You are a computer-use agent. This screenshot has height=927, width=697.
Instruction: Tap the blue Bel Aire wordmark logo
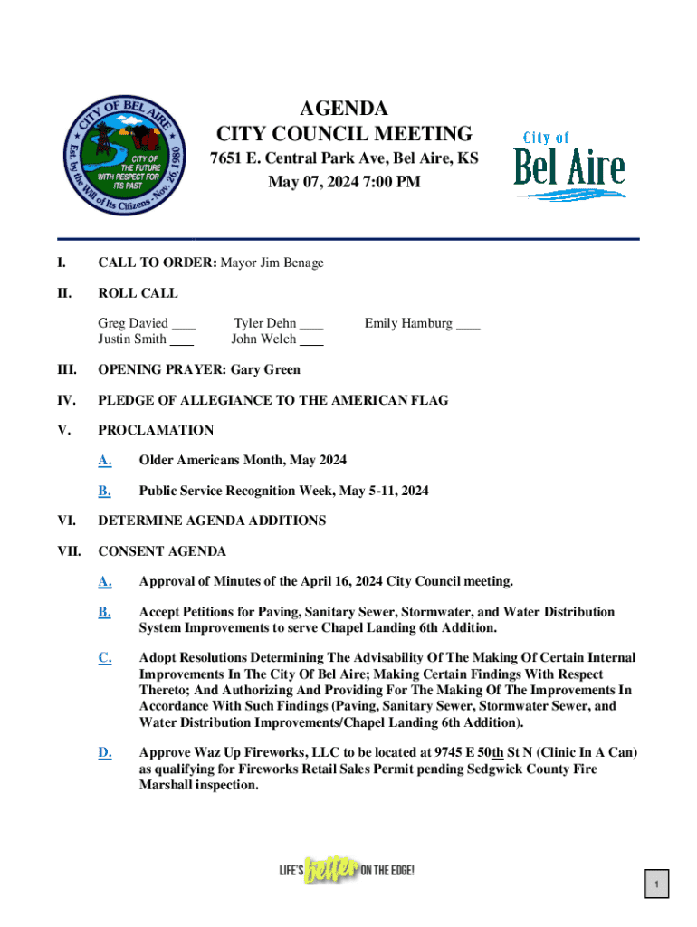point(568,165)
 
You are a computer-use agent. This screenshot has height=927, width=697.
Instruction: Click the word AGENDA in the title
point(344,110)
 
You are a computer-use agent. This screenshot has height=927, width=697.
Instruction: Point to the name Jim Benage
point(291,263)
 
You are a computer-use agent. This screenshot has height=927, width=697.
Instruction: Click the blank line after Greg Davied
point(184,324)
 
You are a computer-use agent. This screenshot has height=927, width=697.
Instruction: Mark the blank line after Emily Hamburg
point(468,324)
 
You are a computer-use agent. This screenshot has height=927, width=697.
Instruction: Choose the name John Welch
point(263,339)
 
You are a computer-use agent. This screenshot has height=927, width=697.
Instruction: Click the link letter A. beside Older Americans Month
point(105,461)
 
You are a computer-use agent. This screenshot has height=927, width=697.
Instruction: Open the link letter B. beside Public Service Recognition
point(105,491)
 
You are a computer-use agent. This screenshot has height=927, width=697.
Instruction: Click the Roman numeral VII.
point(70,551)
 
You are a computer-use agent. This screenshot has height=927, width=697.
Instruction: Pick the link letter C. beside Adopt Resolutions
point(105,658)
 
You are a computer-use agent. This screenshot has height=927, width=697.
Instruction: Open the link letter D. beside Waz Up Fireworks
point(105,752)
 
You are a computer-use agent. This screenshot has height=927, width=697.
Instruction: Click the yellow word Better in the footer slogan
point(332,872)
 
